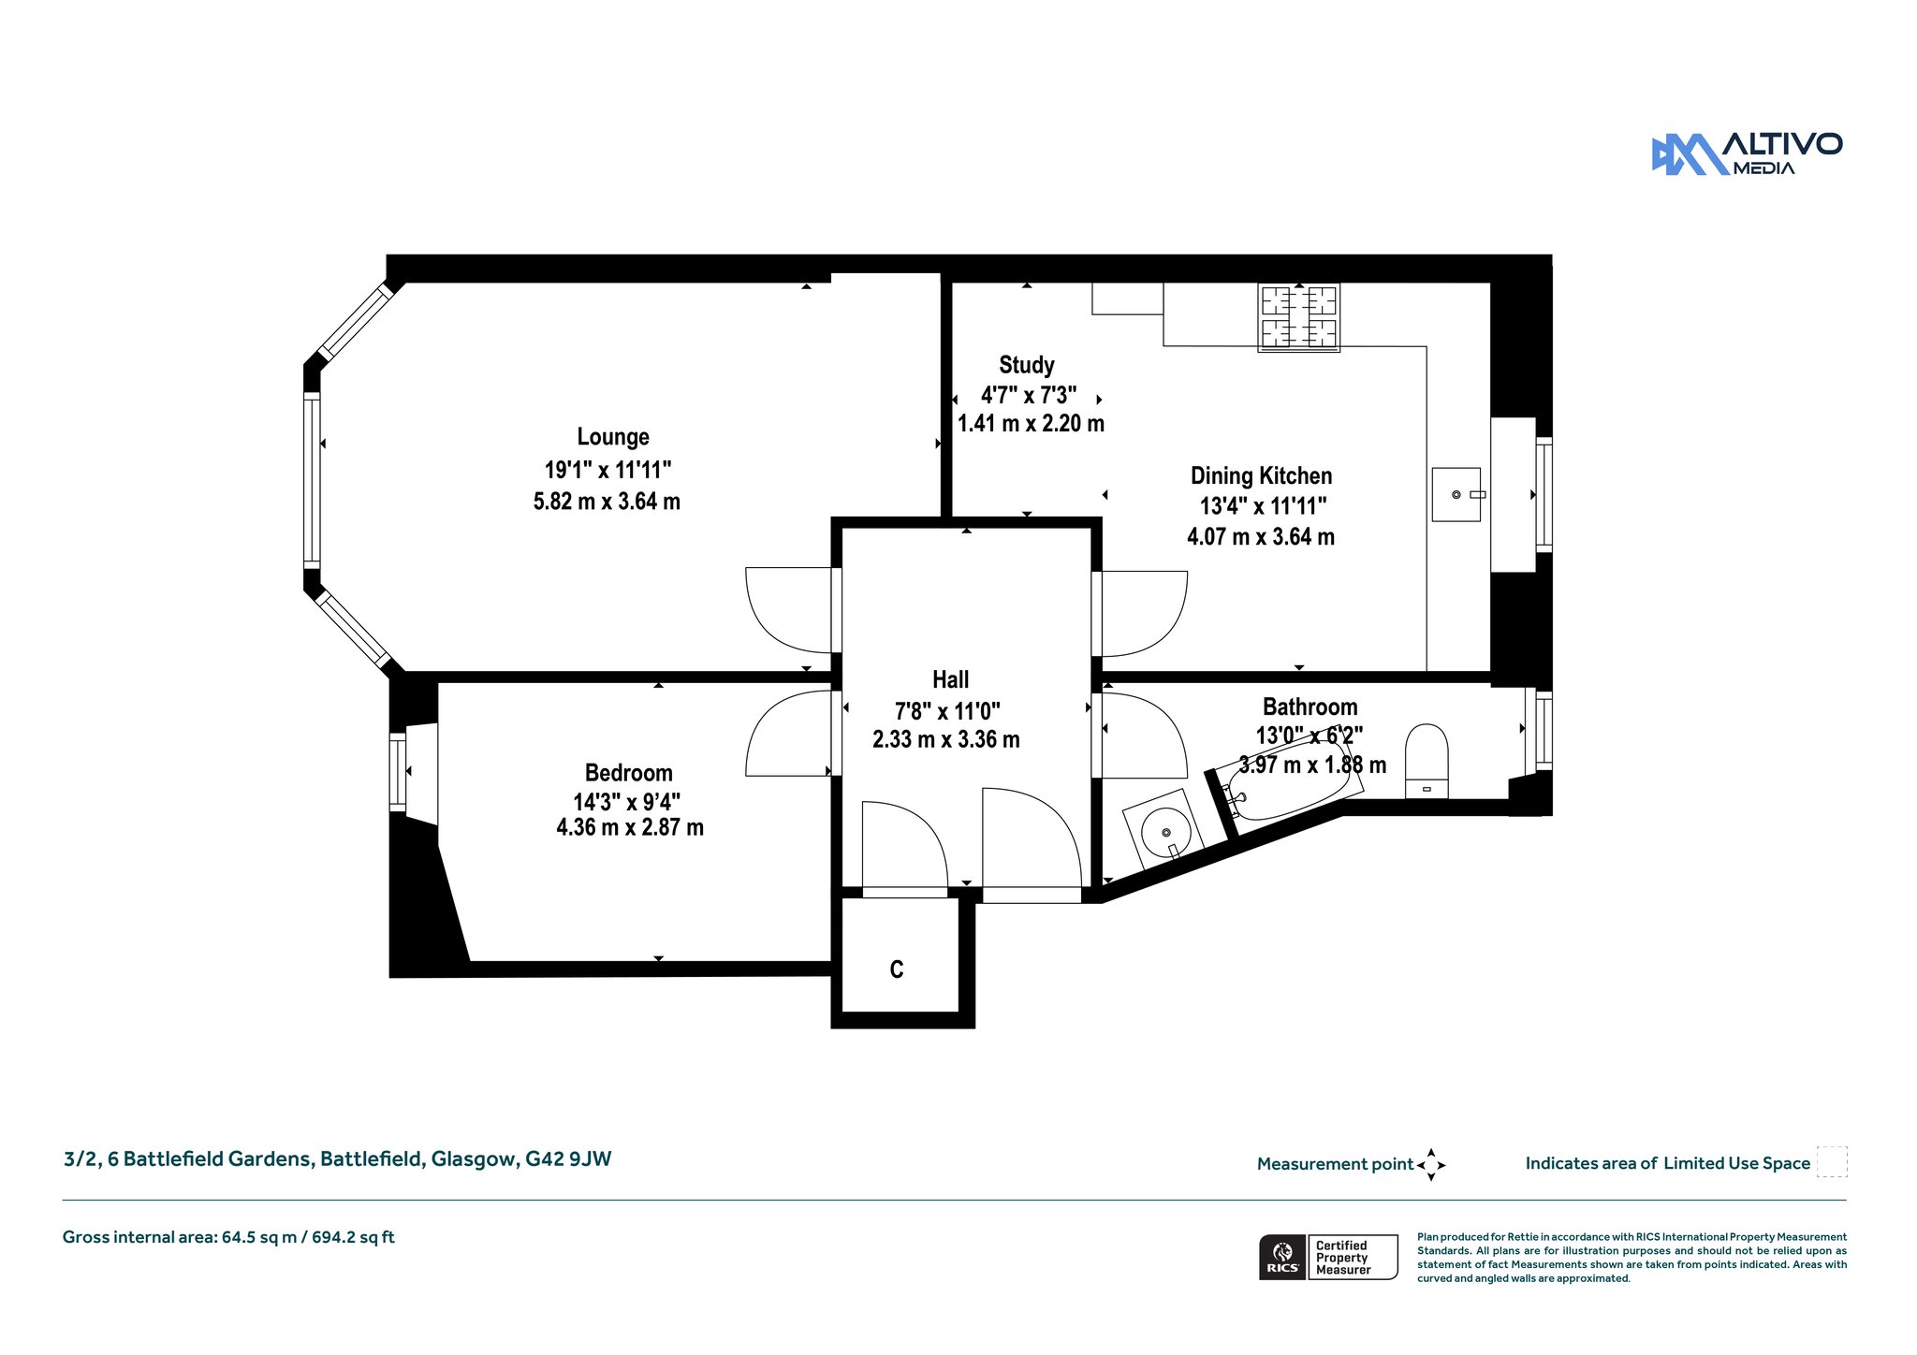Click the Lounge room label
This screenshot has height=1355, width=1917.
[613, 437]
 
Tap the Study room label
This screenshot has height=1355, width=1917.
[1027, 365]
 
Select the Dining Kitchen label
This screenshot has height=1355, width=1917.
[1261, 475]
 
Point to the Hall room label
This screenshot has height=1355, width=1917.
[950, 679]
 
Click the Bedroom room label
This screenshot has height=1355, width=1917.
[629, 773]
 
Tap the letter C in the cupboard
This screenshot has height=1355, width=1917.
[897, 969]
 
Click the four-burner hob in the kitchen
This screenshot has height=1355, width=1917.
[1298, 317]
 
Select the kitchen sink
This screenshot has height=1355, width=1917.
[1456, 494]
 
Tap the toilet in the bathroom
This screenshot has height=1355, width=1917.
[1427, 761]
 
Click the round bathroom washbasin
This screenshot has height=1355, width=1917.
[1165, 831]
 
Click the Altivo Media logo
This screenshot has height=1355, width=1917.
[1747, 153]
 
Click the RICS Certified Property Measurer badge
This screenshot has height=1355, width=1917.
[1328, 1257]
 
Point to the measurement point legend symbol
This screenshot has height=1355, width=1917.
[1431, 1165]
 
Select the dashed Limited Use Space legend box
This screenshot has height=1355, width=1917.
[1832, 1162]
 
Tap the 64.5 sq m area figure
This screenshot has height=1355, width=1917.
[259, 1237]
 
